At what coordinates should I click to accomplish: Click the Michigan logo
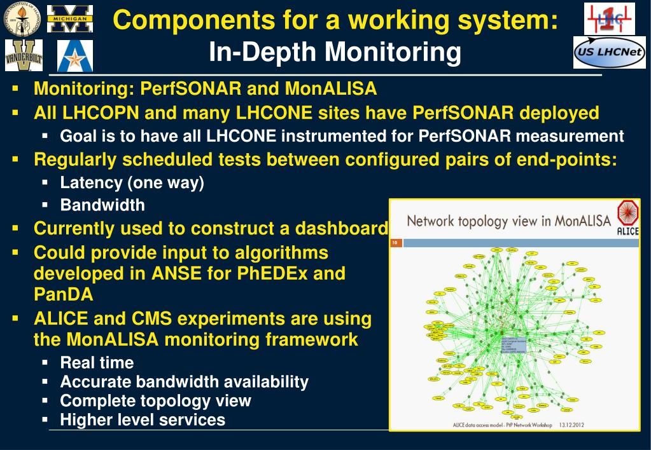(69, 18)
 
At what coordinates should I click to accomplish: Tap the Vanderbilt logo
(24, 56)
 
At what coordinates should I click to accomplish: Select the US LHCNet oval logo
(609, 53)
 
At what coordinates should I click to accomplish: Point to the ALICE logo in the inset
(627, 218)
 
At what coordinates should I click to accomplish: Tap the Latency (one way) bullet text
(132, 183)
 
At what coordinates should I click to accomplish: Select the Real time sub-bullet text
(97, 363)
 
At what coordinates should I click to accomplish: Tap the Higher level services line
(143, 419)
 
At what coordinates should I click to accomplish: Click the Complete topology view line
(155, 400)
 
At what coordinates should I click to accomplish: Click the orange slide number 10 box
(395, 242)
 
